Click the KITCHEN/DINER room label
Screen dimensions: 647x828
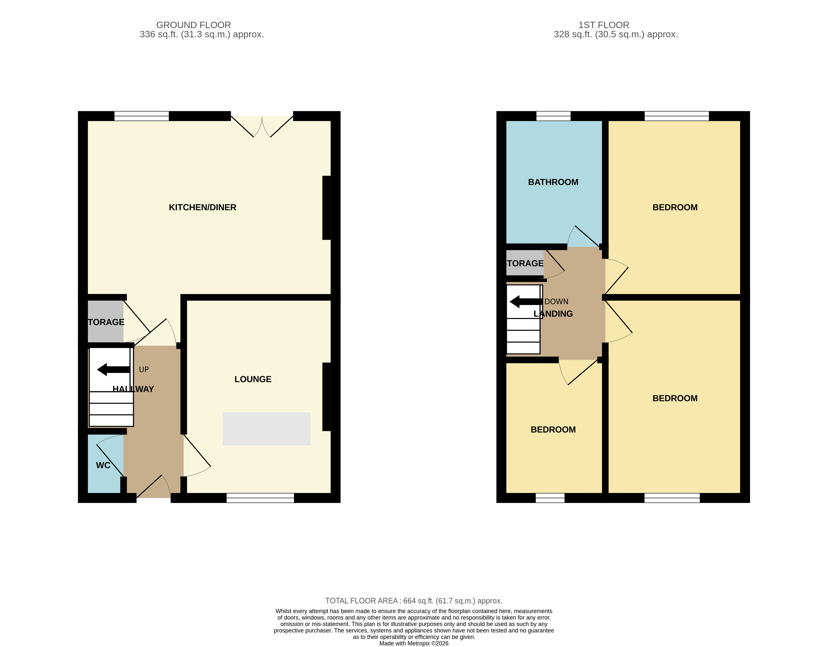pos(202,208)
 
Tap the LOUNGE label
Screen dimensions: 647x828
pos(253,379)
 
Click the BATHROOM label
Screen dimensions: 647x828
pos(553,182)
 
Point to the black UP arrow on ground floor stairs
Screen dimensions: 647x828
pos(113,369)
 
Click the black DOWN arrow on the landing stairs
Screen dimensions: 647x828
pos(526,302)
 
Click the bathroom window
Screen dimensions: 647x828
pos(553,116)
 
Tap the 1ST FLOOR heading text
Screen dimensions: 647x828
pos(603,25)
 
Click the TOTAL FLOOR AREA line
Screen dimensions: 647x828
pos(414,601)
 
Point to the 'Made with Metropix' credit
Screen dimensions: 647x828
pos(414,643)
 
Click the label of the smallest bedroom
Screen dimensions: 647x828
pos(553,430)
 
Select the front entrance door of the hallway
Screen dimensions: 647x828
pos(153,489)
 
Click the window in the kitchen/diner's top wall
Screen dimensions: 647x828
pos(141,116)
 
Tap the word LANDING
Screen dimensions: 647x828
pos(553,314)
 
